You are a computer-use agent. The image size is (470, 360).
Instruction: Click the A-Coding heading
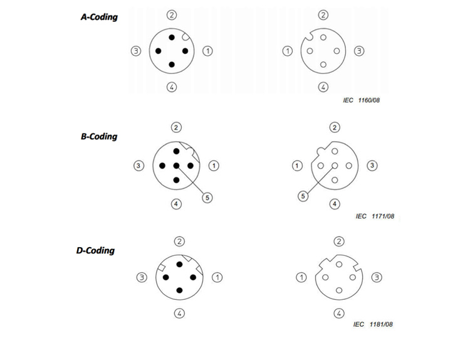(x=99, y=17)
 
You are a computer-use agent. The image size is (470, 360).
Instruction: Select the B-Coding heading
(x=99, y=137)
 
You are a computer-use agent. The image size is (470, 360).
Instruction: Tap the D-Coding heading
(x=96, y=250)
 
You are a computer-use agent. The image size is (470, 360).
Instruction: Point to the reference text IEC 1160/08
(x=362, y=100)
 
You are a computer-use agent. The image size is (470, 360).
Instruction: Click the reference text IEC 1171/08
(x=375, y=216)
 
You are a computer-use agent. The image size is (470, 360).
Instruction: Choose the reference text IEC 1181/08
(x=373, y=324)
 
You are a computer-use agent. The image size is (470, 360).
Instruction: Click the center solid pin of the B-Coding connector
(x=176, y=166)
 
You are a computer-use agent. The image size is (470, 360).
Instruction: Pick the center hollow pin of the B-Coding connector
(x=335, y=166)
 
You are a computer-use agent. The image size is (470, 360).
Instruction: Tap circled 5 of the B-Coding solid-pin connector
(x=207, y=198)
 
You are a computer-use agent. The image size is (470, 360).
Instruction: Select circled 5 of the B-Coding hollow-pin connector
(x=303, y=196)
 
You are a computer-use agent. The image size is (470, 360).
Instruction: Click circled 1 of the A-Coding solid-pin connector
(x=207, y=51)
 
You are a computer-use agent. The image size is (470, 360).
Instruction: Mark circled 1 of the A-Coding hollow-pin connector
(x=288, y=51)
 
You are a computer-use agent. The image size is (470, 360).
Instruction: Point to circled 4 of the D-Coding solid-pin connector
(x=179, y=314)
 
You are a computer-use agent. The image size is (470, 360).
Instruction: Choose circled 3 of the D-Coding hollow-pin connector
(x=377, y=277)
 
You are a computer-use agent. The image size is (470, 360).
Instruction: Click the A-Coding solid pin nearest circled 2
(x=172, y=38)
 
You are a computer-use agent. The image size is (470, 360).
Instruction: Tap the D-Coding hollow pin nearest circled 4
(x=339, y=290)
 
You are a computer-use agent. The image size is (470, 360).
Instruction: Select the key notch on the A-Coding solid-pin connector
(x=186, y=37)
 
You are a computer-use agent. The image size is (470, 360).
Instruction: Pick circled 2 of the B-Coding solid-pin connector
(x=176, y=127)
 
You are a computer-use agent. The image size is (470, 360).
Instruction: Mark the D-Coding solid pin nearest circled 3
(x=166, y=277)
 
